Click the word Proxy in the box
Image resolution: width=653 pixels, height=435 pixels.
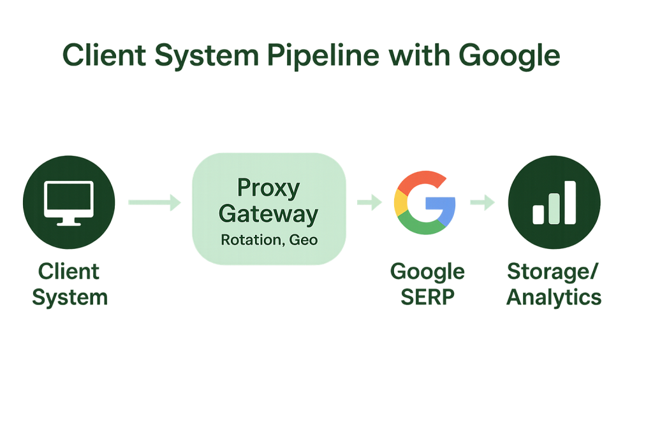pos(268,189)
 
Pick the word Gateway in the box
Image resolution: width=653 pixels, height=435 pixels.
pos(268,215)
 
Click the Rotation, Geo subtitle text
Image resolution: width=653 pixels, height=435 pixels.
pos(268,241)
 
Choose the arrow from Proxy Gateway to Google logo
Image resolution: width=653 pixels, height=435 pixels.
pos(369,203)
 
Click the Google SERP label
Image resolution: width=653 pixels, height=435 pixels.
pos(427,284)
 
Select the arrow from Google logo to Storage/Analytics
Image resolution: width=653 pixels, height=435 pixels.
pos(483,203)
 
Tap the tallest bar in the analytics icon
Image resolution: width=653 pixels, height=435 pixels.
pos(568,202)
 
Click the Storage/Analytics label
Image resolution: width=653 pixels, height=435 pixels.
pos(554,284)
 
